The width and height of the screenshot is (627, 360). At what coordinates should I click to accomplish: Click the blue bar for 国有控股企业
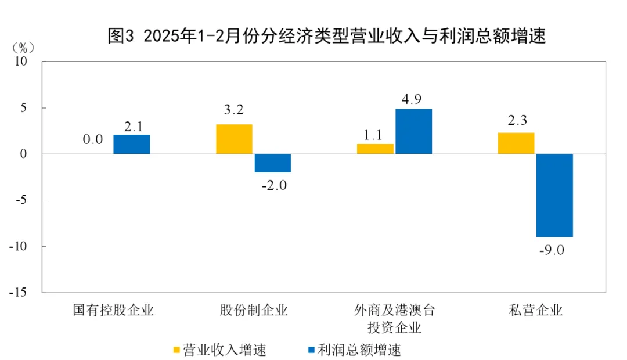(x=131, y=144)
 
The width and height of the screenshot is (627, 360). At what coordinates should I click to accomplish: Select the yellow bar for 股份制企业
(x=234, y=139)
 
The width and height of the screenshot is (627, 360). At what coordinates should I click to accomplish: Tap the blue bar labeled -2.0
(x=272, y=163)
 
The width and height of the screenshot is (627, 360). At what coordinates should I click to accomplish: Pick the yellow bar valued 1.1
(x=375, y=149)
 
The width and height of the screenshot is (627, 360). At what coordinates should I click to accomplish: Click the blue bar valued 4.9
(x=413, y=131)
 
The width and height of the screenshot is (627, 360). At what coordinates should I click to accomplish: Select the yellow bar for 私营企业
(x=516, y=143)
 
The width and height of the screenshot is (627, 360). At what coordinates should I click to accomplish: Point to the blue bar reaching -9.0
(x=554, y=195)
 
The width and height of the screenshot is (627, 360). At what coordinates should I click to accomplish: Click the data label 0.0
(x=93, y=139)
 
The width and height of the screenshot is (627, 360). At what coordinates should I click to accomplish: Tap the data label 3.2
(x=234, y=110)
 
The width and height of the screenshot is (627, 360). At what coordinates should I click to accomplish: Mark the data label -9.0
(x=554, y=251)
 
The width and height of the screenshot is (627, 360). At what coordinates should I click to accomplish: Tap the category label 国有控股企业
(x=113, y=309)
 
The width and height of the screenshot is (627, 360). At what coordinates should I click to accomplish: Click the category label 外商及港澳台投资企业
(x=395, y=318)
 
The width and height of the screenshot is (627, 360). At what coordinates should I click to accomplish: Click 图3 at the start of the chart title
(x=121, y=36)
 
